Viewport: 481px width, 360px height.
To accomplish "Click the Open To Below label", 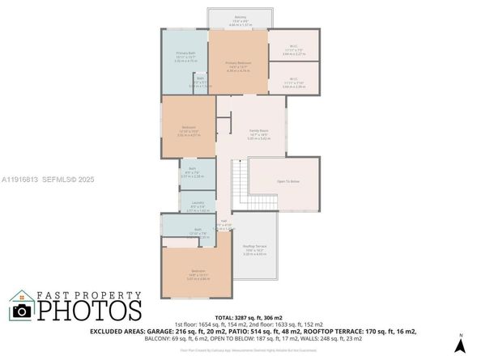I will coord(288,182).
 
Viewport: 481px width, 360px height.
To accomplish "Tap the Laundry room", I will coord(198,206).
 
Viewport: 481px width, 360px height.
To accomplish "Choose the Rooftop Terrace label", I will coord(255,248).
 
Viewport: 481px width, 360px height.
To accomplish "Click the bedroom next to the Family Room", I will coord(188,131).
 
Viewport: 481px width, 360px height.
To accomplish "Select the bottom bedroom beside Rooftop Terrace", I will coord(198,275).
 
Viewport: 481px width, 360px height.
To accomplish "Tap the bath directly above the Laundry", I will coord(197,172).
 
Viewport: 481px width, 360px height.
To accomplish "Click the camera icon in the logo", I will coord(22,310).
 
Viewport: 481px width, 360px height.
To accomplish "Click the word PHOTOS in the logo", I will coord(90,309).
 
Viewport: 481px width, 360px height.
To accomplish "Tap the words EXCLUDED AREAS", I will coord(178,332).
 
